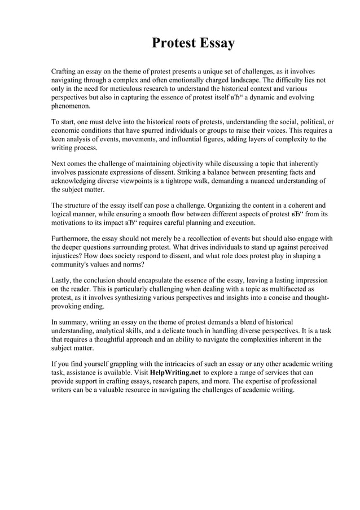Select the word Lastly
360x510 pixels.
(x=61, y=281)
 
